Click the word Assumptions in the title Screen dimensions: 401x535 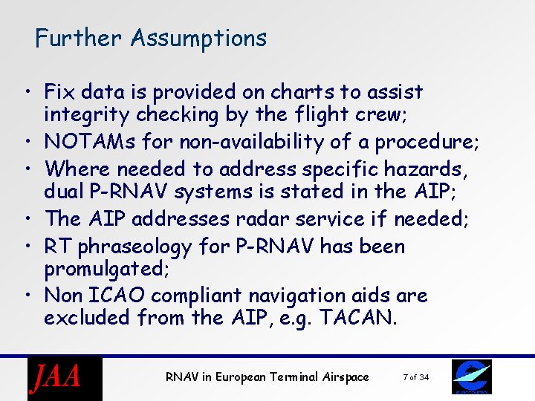[198, 38]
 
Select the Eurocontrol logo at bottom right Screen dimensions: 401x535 [471, 378]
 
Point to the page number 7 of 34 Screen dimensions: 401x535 [415, 378]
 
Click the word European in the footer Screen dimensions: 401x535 [241, 377]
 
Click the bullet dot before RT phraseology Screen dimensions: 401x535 [27, 247]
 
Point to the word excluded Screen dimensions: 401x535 [88, 318]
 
